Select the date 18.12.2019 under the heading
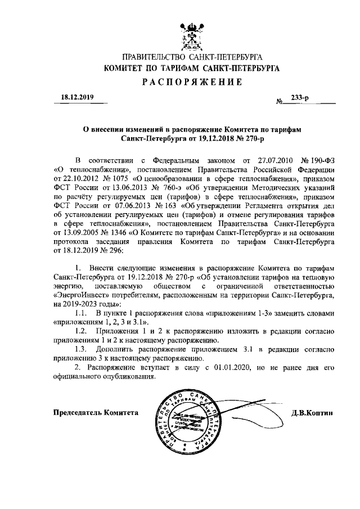tap(76, 97)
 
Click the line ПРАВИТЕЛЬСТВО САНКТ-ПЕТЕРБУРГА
tap(192, 56)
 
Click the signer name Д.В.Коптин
tap(313, 413)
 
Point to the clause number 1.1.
tap(83, 313)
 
